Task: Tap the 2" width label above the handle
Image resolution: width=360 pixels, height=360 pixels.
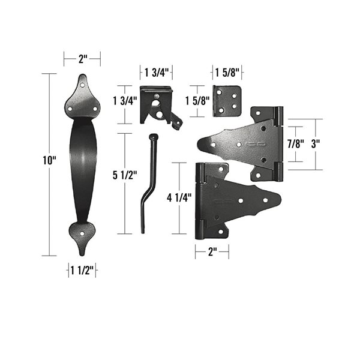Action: click(x=82, y=58)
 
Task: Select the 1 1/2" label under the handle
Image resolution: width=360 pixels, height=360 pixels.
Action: click(x=82, y=271)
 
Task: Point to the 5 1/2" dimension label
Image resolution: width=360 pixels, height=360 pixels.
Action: click(x=125, y=176)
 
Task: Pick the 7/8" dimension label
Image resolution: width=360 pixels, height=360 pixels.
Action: click(x=295, y=144)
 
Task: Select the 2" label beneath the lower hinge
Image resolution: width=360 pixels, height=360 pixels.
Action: click(x=211, y=252)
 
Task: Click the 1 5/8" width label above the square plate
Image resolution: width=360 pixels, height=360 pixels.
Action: click(x=227, y=73)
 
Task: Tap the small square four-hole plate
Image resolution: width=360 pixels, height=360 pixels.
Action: click(x=227, y=100)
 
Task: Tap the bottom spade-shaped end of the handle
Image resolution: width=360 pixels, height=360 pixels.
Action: click(x=82, y=235)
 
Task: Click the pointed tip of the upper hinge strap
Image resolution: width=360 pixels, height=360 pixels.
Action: click(x=201, y=144)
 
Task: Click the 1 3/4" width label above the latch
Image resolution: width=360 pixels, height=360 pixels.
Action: click(x=156, y=73)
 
